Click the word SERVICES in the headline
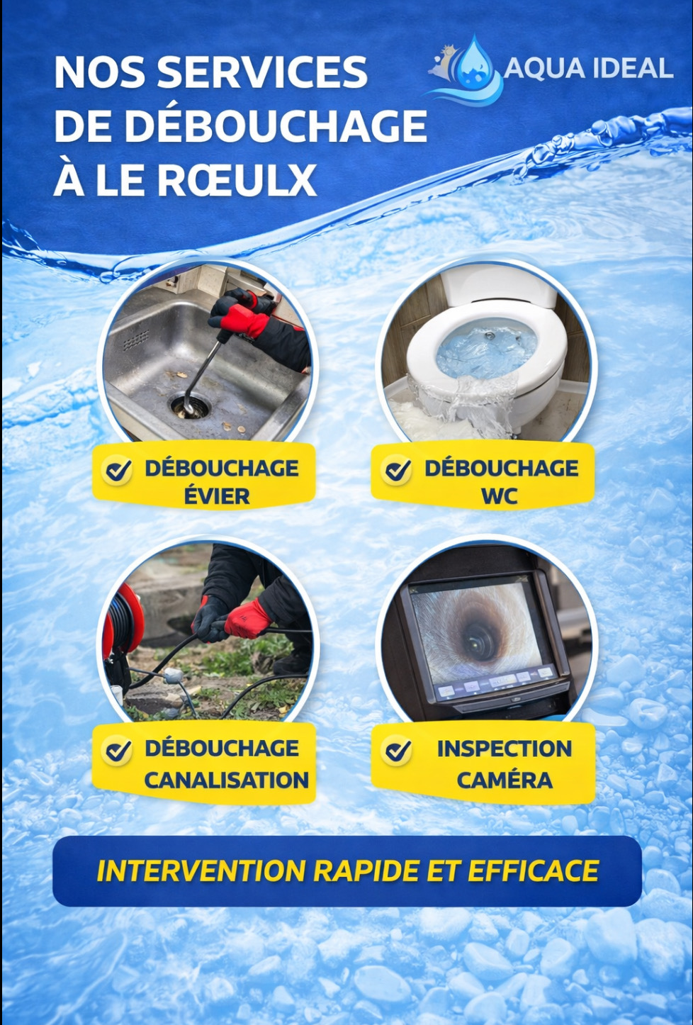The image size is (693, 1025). tap(262, 72)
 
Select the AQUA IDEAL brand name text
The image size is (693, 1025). tap(588, 69)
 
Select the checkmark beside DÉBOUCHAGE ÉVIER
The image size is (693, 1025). tap(117, 470)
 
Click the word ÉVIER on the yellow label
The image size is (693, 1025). tap(217, 496)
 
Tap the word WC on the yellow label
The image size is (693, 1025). tap(499, 496)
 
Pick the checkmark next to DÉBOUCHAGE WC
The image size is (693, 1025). tap(397, 470)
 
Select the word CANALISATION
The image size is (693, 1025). tap(227, 780)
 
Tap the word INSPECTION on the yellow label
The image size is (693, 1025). tap(505, 749)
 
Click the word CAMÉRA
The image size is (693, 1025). tap(505, 780)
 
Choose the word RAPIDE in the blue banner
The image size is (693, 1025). tap(366, 870)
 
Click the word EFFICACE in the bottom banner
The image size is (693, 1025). tap(533, 870)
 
